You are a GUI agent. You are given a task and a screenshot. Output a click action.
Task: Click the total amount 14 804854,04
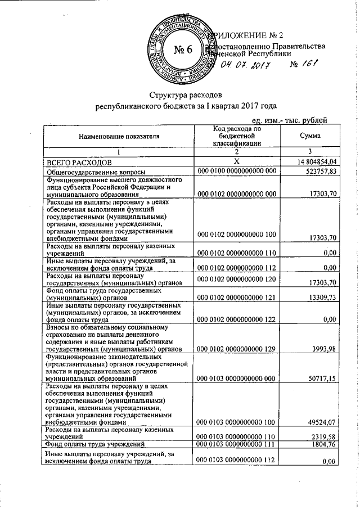[313, 163]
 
